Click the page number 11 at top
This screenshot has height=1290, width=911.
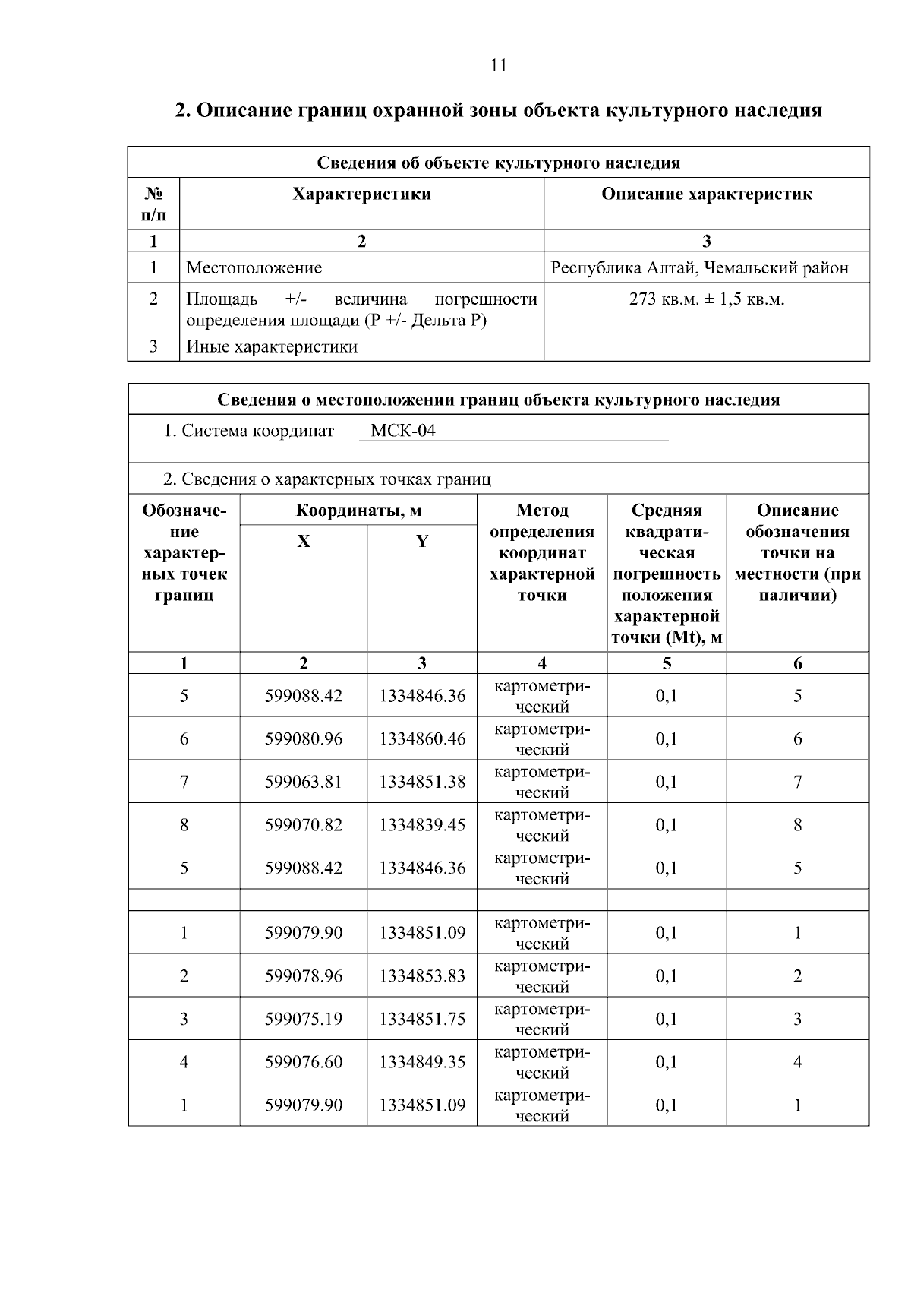(498, 65)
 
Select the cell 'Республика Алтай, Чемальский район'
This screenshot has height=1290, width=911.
(699, 268)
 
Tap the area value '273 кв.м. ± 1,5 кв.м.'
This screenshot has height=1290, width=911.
(706, 299)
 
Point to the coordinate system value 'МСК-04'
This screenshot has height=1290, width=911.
(402, 432)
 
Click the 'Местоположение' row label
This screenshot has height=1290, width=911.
(254, 268)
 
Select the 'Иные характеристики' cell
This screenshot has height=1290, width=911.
(272, 347)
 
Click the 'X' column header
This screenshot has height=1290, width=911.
(303, 542)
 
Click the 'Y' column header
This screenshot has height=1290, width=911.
(421, 542)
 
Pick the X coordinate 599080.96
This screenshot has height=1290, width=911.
(303, 739)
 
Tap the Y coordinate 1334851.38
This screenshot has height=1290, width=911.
(422, 782)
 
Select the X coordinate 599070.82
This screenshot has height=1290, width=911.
(303, 825)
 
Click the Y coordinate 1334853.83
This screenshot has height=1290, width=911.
(422, 976)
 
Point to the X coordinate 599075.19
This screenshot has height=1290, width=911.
(303, 1020)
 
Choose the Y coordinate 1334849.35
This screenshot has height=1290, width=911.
(422, 1062)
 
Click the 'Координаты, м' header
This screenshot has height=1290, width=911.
(358, 511)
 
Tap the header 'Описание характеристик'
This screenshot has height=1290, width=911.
(706, 194)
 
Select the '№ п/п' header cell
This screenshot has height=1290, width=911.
(153, 204)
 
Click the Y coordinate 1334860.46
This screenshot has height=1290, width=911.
(422, 739)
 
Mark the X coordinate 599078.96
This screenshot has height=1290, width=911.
(303, 976)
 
